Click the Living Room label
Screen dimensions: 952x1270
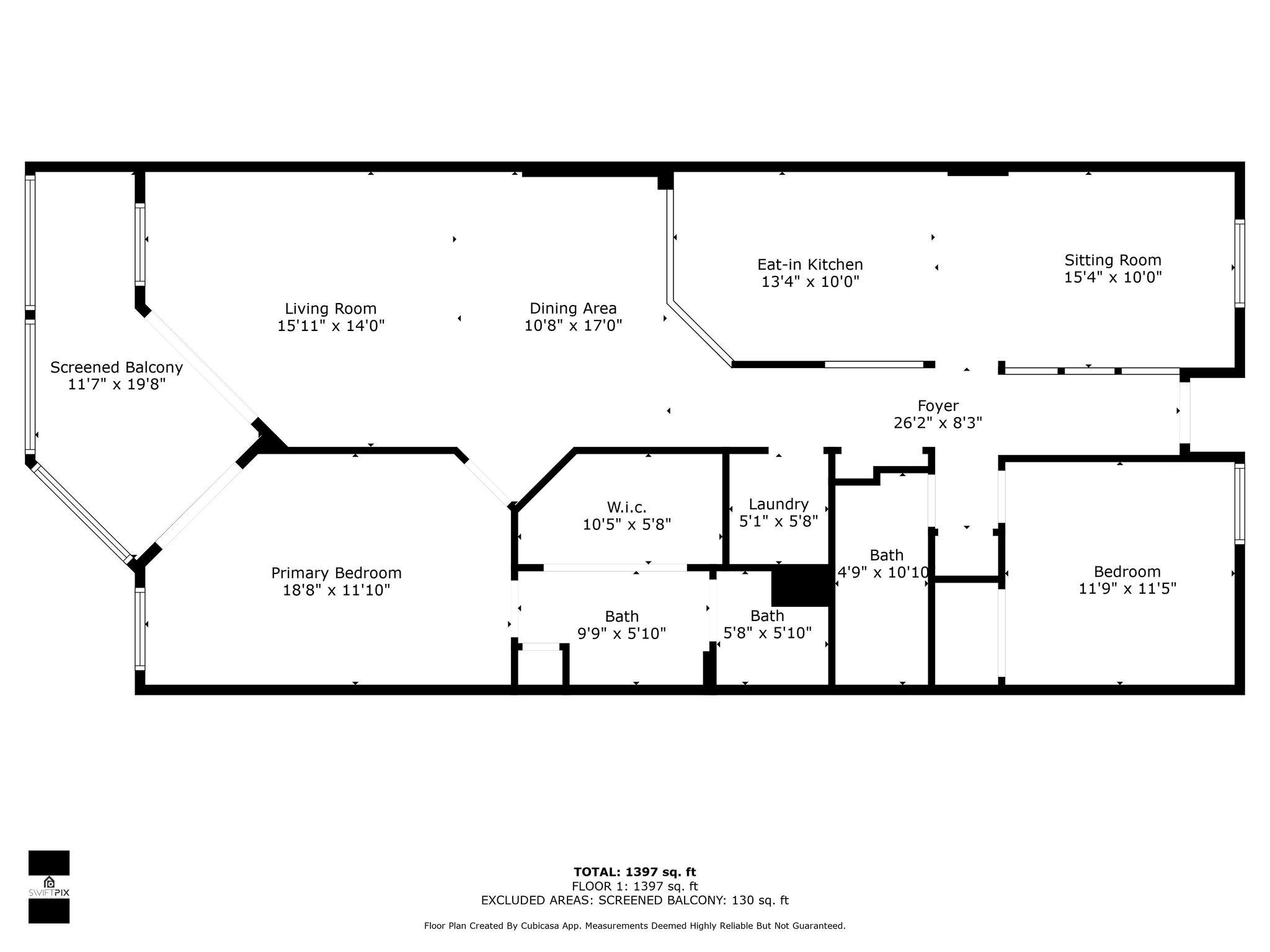(x=331, y=309)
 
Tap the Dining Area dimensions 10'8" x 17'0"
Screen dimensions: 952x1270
(x=573, y=325)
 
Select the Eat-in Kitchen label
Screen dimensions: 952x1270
(x=810, y=265)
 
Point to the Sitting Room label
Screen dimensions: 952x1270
(x=1112, y=260)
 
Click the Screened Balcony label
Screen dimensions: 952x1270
(x=117, y=368)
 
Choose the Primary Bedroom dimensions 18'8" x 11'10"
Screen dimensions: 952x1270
(x=336, y=590)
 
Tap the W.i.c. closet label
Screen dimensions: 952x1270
(x=626, y=508)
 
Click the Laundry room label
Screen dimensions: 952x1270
(x=778, y=505)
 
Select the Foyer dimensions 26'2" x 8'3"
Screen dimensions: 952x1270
(x=938, y=423)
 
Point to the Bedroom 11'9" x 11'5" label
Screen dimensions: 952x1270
(x=1127, y=572)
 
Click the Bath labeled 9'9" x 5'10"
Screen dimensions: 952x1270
(x=621, y=617)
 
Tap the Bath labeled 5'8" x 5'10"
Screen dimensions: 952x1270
(x=767, y=616)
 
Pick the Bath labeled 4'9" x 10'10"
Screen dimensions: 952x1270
(x=886, y=555)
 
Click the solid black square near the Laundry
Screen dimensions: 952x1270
(x=800, y=585)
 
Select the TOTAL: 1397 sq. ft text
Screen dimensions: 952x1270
(x=634, y=873)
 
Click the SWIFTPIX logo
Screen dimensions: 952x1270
(x=49, y=887)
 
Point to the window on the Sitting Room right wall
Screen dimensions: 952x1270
(x=1239, y=263)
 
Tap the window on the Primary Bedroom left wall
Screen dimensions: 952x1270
(x=140, y=628)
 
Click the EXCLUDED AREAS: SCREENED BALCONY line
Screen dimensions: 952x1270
(x=634, y=901)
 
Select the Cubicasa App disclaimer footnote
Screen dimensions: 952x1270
(x=634, y=926)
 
